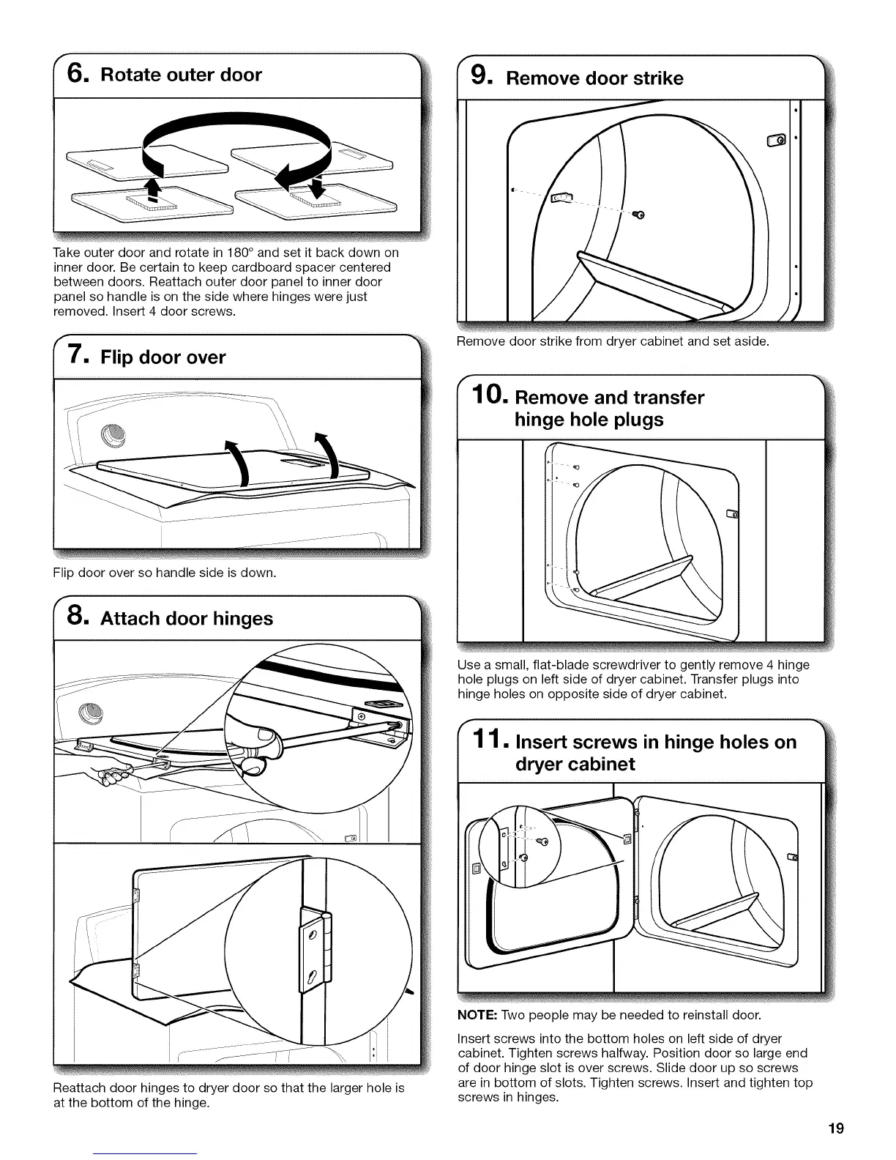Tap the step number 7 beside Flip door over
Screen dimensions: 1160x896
pos(78,357)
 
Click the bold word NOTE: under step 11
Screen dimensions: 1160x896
pos(477,1015)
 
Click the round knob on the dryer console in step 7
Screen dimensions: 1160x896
pos(113,435)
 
